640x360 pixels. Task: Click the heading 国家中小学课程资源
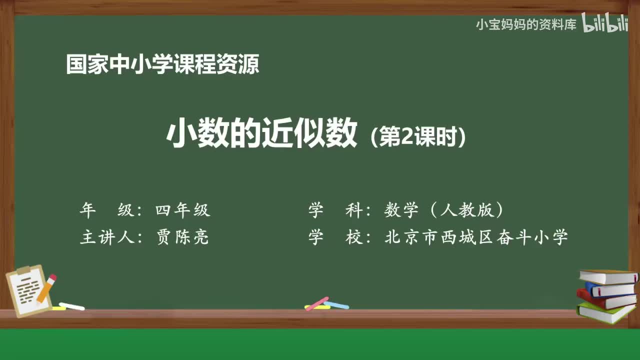click(162, 64)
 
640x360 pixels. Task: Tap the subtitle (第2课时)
click(418, 137)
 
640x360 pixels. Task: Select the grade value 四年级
click(182, 210)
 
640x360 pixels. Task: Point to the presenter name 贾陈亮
click(182, 237)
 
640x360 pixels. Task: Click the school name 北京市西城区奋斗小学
click(476, 237)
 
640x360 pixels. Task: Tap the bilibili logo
click(605, 23)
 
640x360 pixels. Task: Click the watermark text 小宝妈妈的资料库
click(526, 24)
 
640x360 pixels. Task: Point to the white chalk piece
click(71, 306)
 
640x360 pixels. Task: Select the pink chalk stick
click(316, 303)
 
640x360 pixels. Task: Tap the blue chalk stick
click(336, 304)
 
